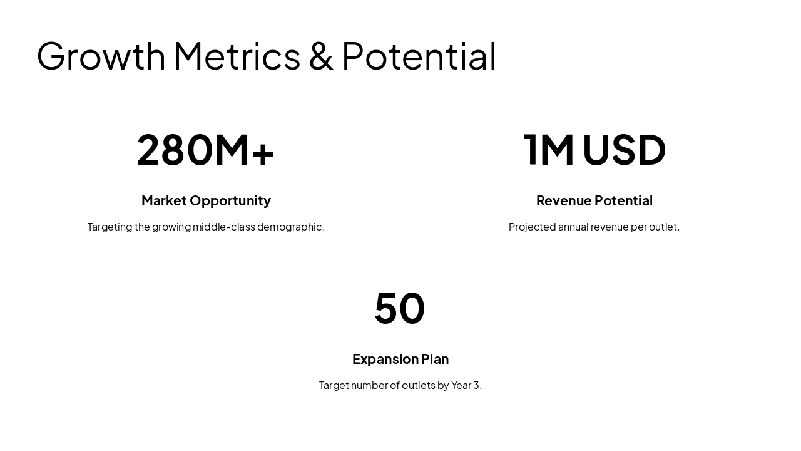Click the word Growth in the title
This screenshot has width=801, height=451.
(x=101, y=56)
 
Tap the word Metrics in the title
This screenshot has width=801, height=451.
(x=237, y=56)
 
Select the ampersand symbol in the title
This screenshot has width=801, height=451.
(x=321, y=56)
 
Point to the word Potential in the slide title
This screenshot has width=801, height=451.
(x=419, y=56)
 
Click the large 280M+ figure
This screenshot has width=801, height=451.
(x=205, y=150)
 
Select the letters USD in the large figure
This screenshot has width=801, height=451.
(x=624, y=150)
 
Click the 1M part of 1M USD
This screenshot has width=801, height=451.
(x=549, y=150)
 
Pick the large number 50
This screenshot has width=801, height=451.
(x=400, y=308)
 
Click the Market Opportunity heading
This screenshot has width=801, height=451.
(x=206, y=200)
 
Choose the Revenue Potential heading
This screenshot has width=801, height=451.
(x=594, y=200)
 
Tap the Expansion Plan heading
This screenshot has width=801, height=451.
(x=400, y=359)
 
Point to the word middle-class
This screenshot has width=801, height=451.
(x=223, y=227)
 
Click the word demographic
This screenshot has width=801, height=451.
(x=290, y=227)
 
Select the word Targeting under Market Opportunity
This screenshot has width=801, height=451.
(x=110, y=227)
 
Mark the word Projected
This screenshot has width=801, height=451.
(x=532, y=227)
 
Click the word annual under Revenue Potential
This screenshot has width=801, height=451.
(x=573, y=227)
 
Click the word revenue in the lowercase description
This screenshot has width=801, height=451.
(x=610, y=227)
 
